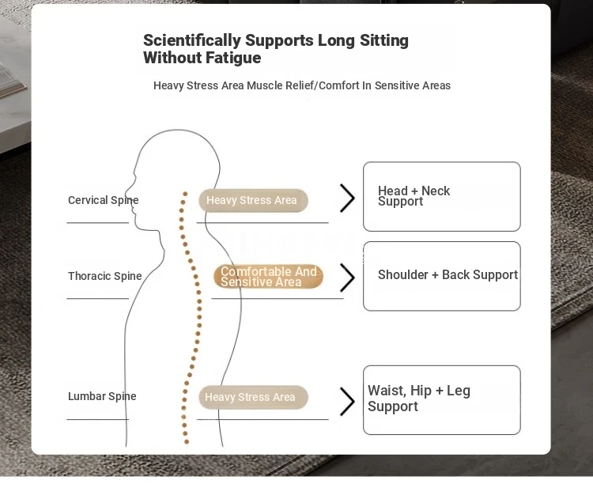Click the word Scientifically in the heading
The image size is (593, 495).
click(x=192, y=41)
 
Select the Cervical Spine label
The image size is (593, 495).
click(x=104, y=200)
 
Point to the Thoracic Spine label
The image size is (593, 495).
click(x=104, y=276)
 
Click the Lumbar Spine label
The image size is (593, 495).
click(x=102, y=396)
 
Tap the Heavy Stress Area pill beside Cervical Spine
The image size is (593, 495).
click(x=253, y=200)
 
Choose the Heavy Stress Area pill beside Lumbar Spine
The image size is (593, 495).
click(x=253, y=397)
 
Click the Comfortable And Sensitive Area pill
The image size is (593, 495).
click(x=268, y=277)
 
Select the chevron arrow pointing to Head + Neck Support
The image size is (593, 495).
click(x=347, y=198)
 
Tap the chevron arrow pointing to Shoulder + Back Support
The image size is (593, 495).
click(x=347, y=278)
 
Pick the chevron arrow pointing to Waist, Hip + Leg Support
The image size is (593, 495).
click(x=347, y=401)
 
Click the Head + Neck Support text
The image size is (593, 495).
click(x=414, y=196)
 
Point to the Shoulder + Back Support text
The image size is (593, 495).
click(x=448, y=275)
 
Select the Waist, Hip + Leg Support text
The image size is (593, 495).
click(x=418, y=399)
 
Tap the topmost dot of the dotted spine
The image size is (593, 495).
click(x=185, y=194)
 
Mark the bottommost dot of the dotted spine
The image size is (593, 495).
click(x=186, y=441)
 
